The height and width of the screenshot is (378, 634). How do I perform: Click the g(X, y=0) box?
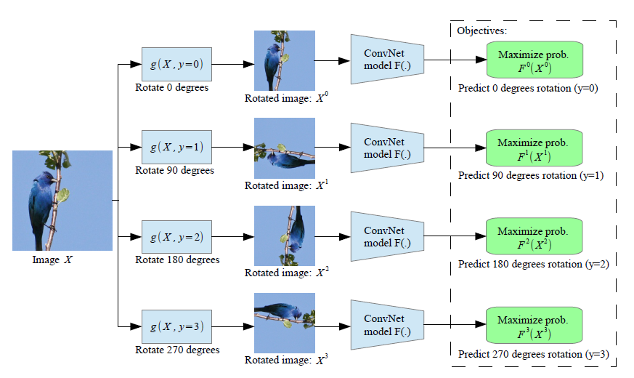click(176, 65)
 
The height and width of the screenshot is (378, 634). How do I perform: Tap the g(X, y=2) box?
click(176, 236)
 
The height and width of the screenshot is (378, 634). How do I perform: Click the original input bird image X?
click(62, 200)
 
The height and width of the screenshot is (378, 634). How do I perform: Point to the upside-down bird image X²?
click(284, 236)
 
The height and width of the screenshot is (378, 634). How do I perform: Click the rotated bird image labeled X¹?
click(284, 148)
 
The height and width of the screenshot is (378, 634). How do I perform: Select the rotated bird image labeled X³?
click(284, 321)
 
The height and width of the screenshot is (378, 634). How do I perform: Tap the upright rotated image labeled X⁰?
click(284, 60)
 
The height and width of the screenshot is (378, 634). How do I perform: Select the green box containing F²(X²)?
click(535, 236)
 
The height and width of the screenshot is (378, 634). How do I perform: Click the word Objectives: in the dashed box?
click(481, 31)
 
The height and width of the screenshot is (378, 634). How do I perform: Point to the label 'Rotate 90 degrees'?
click(175, 170)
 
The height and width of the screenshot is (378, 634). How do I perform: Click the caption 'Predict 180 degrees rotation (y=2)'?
click(533, 264)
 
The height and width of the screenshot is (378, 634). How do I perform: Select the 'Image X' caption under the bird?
click(52, 260)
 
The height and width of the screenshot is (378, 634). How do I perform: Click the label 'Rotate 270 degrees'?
click(177, 350)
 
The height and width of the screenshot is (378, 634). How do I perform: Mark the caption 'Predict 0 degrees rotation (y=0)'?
click(527, 87)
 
